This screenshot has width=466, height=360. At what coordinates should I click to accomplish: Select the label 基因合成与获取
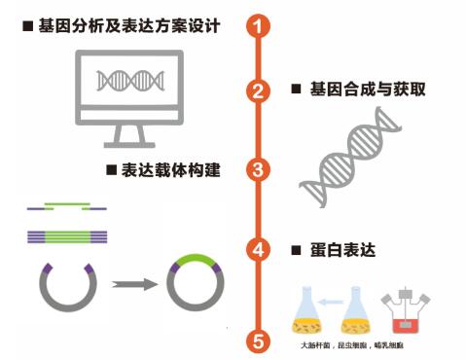[x=365, y=90]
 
